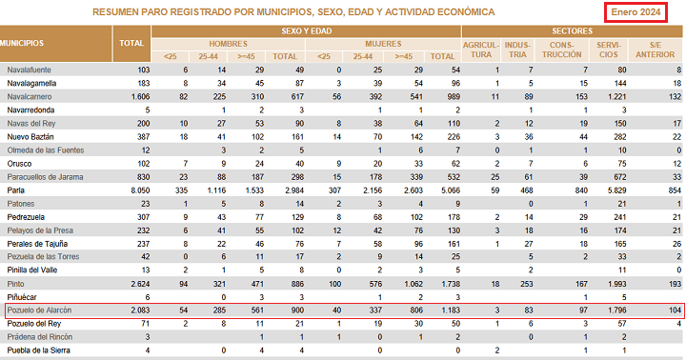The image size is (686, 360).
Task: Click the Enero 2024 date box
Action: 636,12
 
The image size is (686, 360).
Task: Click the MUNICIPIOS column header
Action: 22,43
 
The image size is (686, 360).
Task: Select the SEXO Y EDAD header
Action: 306,31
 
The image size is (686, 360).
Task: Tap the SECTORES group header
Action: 572,31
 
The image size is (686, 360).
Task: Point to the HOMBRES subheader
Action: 228,44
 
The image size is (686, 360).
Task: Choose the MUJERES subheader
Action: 383,44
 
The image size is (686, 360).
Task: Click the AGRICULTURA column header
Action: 481,50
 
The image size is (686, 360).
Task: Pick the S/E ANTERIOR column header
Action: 655,50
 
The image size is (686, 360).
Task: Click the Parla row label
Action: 16,190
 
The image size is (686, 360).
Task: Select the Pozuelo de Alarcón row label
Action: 39,310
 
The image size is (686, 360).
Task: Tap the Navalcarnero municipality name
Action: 30,97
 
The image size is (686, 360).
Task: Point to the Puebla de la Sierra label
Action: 38,350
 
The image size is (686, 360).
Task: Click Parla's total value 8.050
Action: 140,190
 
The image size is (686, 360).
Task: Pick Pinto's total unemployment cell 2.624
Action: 140,284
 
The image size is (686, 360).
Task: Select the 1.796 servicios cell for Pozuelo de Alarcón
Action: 616,310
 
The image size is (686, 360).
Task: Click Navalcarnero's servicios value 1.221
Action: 616,97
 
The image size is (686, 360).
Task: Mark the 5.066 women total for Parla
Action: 451,190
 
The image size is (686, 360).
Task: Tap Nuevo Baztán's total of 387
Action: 144,137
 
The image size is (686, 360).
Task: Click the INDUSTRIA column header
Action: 517,50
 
